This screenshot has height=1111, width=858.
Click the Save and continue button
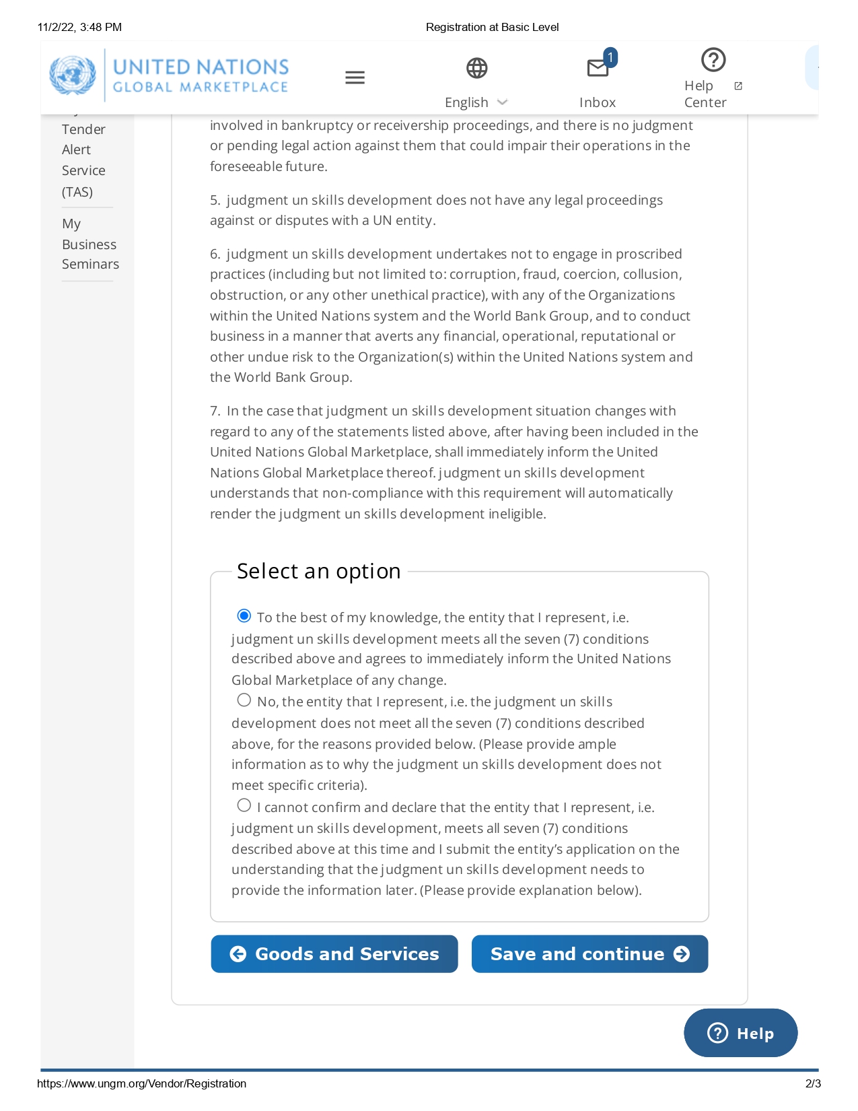pos(589,954)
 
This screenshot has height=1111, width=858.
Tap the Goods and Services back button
pos(334,954)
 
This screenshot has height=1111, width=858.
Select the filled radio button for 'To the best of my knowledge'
pos(244,616)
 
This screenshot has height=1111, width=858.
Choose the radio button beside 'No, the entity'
pos(244,700)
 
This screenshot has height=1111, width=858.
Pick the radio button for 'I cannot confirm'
pos(244,805)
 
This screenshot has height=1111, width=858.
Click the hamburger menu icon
pos(355,77)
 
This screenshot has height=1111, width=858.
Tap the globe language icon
pos(476,68)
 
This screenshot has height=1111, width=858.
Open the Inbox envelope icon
pos(598,68)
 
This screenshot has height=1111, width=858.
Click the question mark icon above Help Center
pos(713,60)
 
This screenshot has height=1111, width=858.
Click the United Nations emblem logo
pos(73,75)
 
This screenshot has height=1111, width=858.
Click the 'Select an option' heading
pos(318,571)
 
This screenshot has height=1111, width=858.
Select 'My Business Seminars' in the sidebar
pos(90,244)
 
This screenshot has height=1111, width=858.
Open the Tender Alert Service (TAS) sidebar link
pos(83,160)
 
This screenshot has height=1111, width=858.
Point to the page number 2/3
pos(813,1083)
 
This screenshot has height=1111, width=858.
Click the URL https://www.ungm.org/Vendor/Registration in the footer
pos(142,1083)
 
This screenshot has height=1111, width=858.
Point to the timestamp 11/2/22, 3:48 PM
pos(79,27)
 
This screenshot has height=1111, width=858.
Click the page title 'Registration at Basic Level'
pos(492,27)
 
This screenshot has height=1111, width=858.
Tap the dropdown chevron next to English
pos(502,102)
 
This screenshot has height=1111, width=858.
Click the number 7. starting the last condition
pos(215,411)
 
